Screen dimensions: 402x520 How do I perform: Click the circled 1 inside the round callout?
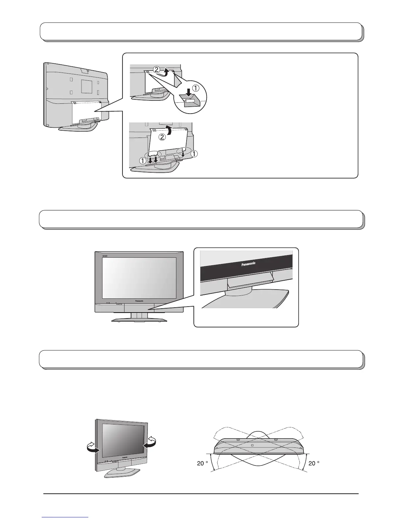[x=196, y=88]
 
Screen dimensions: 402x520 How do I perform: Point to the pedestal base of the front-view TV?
[x=139, y=319]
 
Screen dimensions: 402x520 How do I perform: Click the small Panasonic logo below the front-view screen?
[x=141, y=300]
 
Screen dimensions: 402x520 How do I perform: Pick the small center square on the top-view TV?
[x=252, y=445]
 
